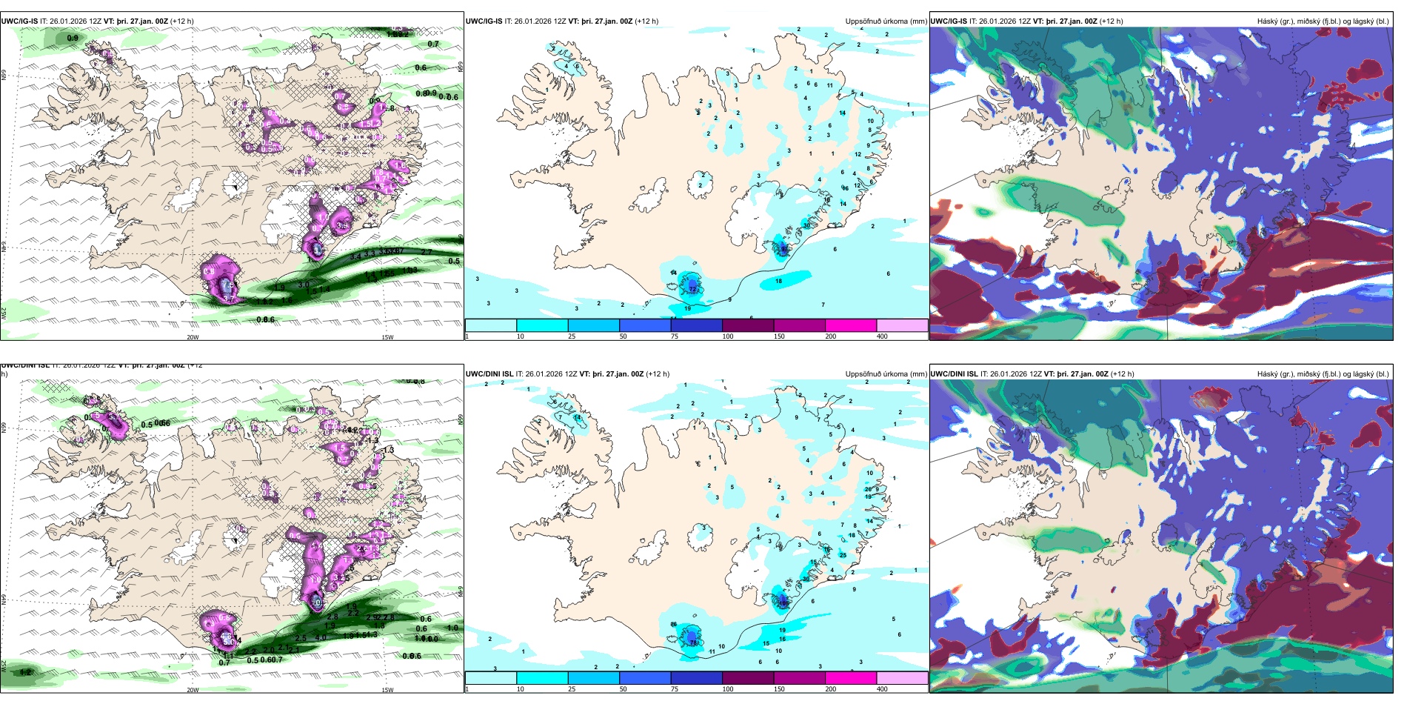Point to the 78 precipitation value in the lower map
[694, 642]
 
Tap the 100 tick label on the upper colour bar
[728, 336]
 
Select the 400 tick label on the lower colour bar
[882, 689]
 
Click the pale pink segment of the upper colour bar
[902, 325]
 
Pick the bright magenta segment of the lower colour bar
[851, 678]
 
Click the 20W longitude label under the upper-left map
[193, 337]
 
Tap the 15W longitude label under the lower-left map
[387, 690]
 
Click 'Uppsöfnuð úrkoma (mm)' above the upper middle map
[886, 21]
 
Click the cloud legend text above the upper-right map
[1323, 21]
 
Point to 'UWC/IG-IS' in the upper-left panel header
[19, 21]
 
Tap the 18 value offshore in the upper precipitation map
[778, 282]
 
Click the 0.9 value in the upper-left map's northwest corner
[73, 38]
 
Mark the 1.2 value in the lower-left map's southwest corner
[26, 672]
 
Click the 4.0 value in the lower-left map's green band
[321, 637]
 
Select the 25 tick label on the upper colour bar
[572, 336]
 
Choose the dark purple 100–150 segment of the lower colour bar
[748, 678]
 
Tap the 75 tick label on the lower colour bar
[674, 689]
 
